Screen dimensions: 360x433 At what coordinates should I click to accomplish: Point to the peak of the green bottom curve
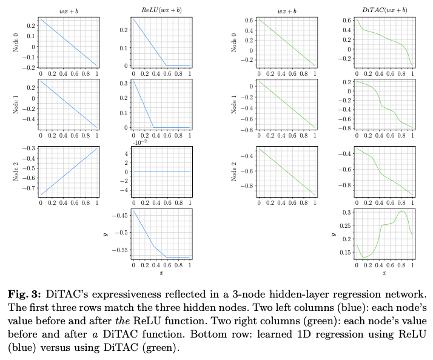coord(401,211)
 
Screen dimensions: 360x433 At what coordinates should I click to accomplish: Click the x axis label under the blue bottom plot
coord(161,273)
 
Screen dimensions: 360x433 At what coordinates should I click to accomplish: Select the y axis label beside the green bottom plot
coord(333,233)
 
